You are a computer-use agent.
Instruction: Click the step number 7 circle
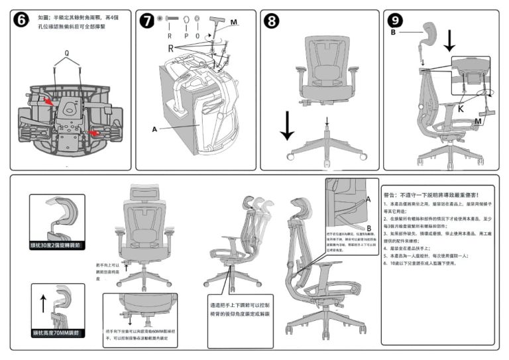(x=147, y=20)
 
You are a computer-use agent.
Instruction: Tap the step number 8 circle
(x=272, y=20)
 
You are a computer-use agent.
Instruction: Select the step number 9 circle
(x=396, y=20)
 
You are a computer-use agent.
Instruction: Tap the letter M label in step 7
(x=234, y=22)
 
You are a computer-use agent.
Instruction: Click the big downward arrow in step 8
(x=287, y=126)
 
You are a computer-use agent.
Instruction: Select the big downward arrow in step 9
(x=449, y=39)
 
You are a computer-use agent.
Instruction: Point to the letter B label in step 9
(x=393, y=31)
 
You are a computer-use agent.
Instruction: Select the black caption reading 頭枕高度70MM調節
(x=57, y=331)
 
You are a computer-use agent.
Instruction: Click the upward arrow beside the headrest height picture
(x=44, y=304)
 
